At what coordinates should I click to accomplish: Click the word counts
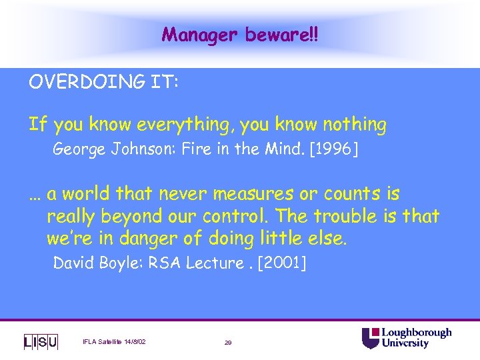pyautogui.click(x=351, y=194)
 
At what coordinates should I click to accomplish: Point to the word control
pyautogui.click(x=239, y=216)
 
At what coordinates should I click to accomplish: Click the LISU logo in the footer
pyautogui.click(x=41, y=341)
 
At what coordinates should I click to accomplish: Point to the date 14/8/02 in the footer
pyautogui.click(x=133, y=342)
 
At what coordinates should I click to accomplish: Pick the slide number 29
pyautogui.click(x=228, y=342)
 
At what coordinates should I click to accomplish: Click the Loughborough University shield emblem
pyautogui.click(x=370, y=338)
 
